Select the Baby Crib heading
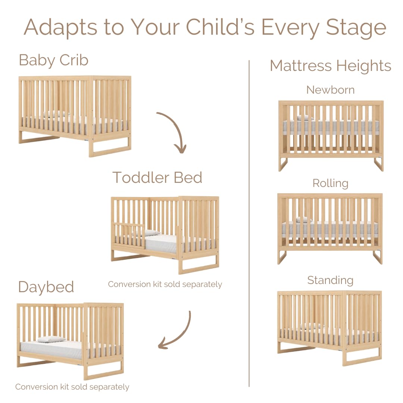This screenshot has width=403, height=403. [53, 60]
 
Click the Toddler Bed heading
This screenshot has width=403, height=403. [157, 177]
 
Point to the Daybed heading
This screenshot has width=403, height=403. [46, 287]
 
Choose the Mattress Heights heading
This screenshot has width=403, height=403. [330, 66]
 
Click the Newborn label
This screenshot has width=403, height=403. [330, 90]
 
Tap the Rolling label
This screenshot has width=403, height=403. [330, 183]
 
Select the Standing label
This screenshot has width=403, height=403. [330, 280]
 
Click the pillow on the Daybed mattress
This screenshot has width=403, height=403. [51, 339]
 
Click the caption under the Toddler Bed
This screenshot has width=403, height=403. [165, 284]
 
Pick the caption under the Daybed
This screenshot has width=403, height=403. [72, 387]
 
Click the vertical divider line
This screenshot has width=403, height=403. [249, 224]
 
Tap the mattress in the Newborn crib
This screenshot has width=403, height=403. [330, 127]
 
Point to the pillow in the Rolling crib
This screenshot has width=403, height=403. [303, 220]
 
